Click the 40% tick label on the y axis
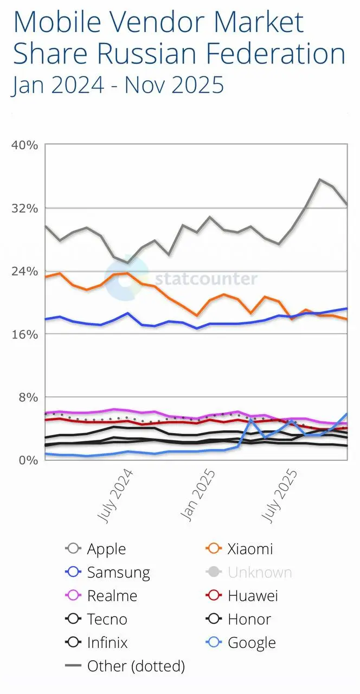tap(24, 145)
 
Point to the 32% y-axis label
tap(24, 208)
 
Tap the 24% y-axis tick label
tap(24, 271)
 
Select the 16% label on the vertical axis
tap(24, 334)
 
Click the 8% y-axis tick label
tap(27, 397)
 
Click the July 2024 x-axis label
tap(116, 496)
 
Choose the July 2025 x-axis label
tap(280, 496)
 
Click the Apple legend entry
tap(106, 549)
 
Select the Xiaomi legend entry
tap(250, 549)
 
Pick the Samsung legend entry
tap(118, 573)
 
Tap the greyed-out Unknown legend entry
tap(260, 573)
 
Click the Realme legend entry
tap(112, 596)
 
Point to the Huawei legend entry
tap(253, 596)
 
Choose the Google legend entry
tap(252, 643)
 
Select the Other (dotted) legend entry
tap(136, 666)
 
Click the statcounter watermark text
tap(206, 279)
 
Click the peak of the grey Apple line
tap(320, 179)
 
